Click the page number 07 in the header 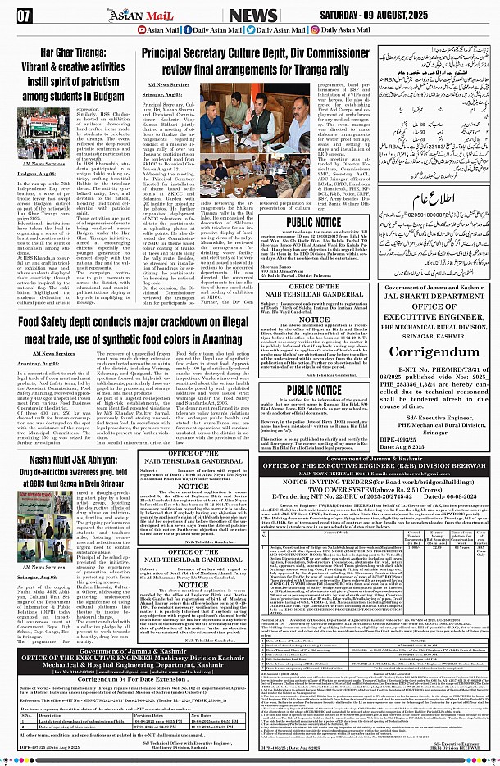click(25, 16)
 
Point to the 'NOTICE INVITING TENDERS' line click(378, 478)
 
